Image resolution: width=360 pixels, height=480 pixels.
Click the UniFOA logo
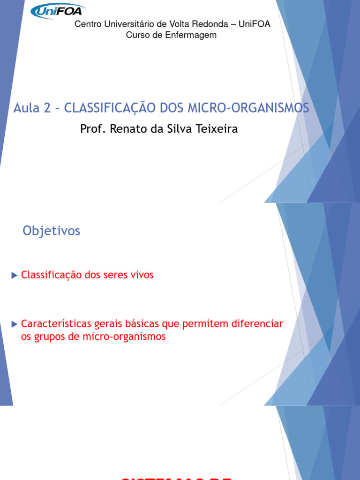point(57,11)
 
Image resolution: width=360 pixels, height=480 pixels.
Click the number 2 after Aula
point(46,108)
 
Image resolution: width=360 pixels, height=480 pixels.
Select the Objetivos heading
point(52,231)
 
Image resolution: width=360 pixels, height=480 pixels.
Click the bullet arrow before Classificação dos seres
point(15,275)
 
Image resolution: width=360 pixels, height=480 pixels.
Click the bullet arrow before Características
point(15,323)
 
